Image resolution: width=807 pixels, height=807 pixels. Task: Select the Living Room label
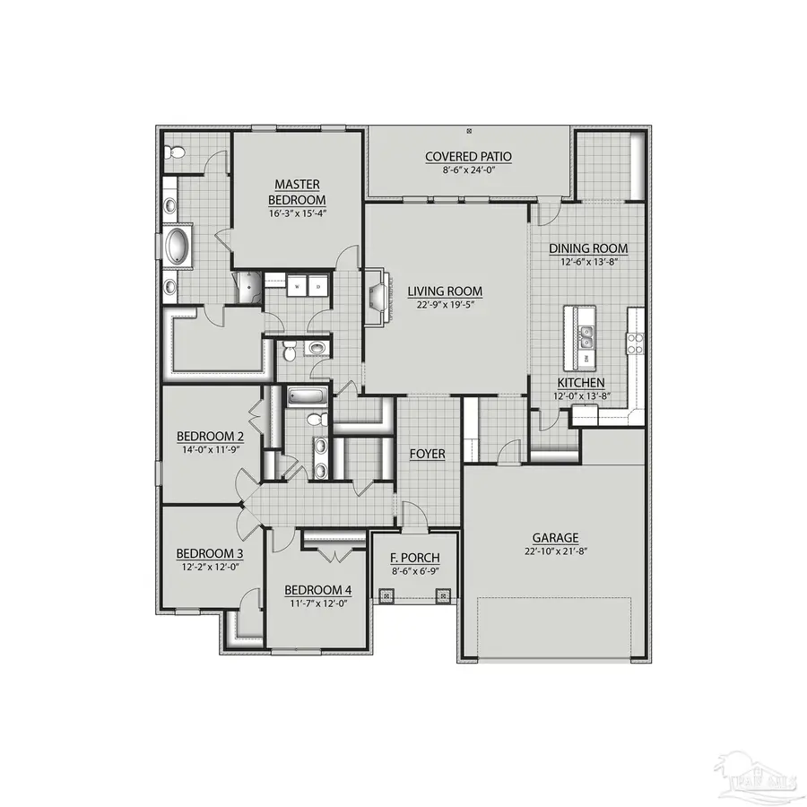[x=445, y=291]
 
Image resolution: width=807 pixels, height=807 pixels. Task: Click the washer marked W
[x=297, y=286]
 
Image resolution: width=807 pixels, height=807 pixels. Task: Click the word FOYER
[x=428, y=454]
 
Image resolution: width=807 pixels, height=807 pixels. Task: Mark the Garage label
[x=552, y=537]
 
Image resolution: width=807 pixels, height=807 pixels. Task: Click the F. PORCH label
[x=414, y=557]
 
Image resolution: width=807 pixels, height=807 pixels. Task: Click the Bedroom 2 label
[x=210, y=437]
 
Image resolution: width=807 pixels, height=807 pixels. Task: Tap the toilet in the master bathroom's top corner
[x=175, y=152]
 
